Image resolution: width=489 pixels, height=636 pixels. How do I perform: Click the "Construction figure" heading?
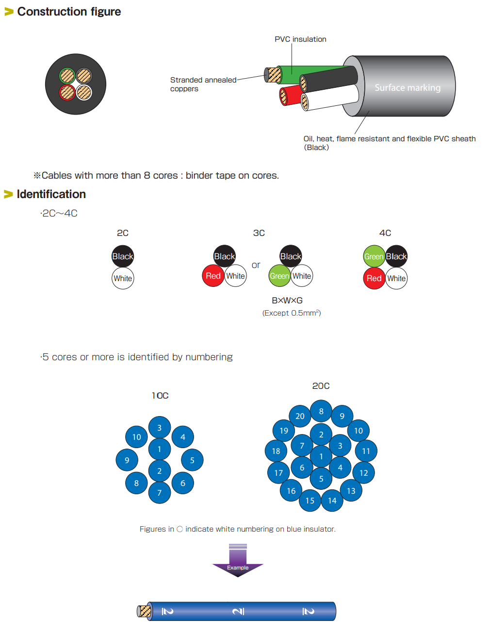(x=69, y=12)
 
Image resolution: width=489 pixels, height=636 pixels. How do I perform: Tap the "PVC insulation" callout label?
(x=300, y=39)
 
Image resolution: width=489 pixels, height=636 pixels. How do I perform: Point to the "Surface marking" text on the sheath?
(x=407, y=88)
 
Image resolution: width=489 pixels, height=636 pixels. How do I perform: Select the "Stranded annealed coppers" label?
(x=203, y=84)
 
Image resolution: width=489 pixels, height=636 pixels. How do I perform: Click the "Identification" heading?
(x=51, y=194)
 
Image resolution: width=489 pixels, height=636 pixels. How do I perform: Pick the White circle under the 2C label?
(x=123, y=278)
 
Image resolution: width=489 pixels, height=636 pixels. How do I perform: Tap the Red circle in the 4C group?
(x=374, y=278)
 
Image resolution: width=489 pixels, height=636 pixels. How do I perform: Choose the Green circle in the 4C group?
(x=374, y=256)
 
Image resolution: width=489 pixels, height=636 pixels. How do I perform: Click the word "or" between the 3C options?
(x=256, y=265)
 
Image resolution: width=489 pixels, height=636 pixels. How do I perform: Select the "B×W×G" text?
(x=287, y=301)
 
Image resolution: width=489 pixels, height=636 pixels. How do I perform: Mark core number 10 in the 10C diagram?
(x=137, y=437)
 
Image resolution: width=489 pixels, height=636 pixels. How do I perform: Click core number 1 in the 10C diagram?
(x=159, y=449)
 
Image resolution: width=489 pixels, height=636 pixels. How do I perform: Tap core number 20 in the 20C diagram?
(x=300, y=416)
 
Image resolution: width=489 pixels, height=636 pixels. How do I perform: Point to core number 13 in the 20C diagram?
(x=351, y=491)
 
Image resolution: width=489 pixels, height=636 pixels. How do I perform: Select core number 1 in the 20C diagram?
(x=321, y=456)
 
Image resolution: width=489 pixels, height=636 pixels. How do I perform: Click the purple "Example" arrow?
(x=238, y=563)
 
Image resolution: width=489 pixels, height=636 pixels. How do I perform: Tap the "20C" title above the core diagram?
(x=321, y=386)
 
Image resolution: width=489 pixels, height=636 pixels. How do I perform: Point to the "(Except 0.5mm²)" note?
(x=292, y=313)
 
